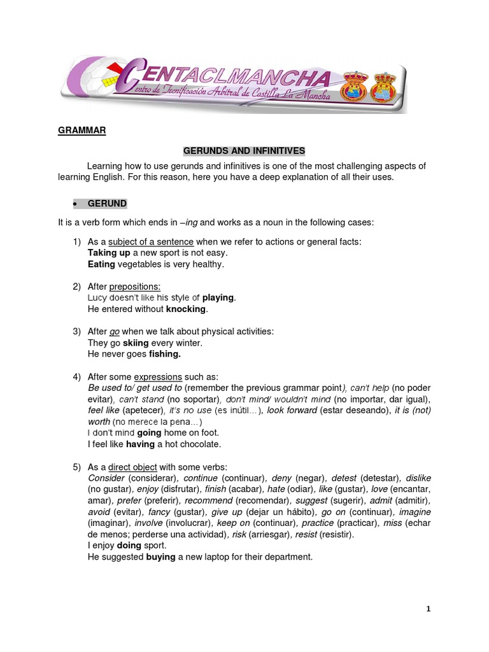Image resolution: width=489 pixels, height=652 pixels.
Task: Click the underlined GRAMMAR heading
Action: pyautogui.click(x=81, y=131)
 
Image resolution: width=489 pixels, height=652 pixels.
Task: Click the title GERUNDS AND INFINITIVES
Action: pyautogui.click(x=244, y=151)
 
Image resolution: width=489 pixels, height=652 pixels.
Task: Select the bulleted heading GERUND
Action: pyautogui.click(x=107, y=204)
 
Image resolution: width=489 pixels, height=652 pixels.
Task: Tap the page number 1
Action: pyautogui.click(x=429, y=609)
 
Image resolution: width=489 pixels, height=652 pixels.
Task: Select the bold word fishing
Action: pyautogui.click(x=165, y=353)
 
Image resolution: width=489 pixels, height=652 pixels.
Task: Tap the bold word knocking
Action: pyautogui.click(x=187, y=309)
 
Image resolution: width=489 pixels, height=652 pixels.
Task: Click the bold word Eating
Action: pyautogui.click(x=101, y=264)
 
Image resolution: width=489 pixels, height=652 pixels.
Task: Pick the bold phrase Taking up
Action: pyautogui.click(x=109, y=253)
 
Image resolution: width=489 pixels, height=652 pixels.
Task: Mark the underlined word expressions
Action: pyautogui.click(x=158, y=376)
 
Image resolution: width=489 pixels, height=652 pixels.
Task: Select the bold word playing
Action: pyautogui.click(x=218, y=297)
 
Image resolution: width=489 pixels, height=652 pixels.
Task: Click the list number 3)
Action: pyautogui.click(x=77, y=331)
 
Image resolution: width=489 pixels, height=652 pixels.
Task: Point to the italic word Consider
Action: pyautogui.click(x=106, y=478)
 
